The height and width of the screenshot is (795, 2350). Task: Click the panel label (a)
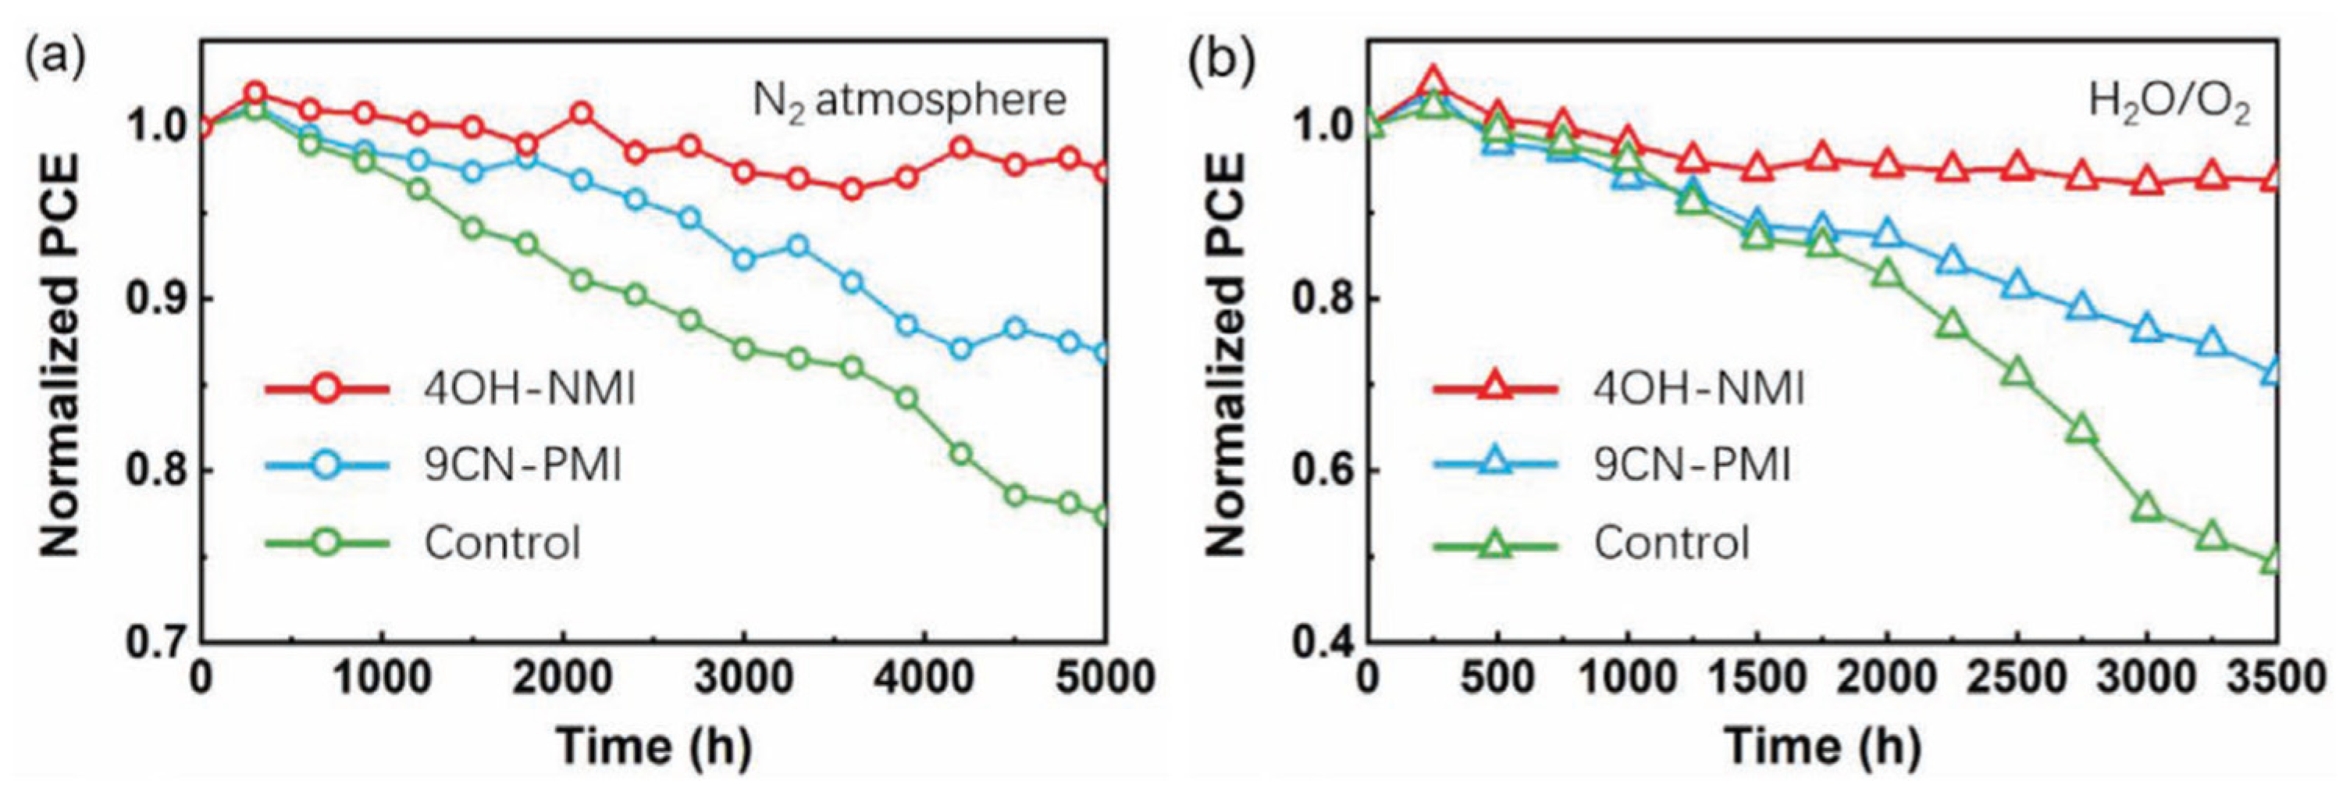pyautogui.click(x=55, y=61)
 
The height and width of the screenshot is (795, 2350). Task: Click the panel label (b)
pyautogui.click(x=1222, y=61)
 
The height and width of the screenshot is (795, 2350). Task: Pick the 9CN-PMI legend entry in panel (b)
pyautogui.click(x=1693, y=465)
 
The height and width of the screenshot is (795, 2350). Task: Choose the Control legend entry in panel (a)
pyautogui.click(x=502, y=543)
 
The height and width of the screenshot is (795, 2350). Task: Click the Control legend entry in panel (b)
pyautogui.click(x=1672, y=543)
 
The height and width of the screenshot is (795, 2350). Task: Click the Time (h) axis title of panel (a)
pyautogui.click(x=654, y=747)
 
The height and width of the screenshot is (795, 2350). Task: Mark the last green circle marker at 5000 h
pyautogui.click(x=1104, y=515)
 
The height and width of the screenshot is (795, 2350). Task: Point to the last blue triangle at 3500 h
pyautogui.click(x=2273, y=371)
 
